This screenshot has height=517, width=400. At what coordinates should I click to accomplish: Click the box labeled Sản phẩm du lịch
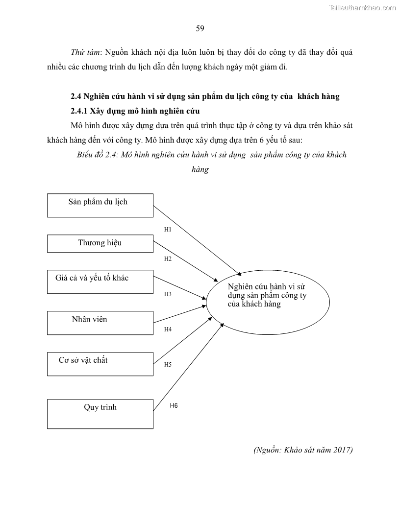click(x=100, y=205)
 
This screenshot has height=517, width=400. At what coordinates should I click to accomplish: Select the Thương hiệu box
click(x=100, y=243)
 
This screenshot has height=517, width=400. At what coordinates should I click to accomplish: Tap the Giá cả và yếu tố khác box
click(x=100, y=282)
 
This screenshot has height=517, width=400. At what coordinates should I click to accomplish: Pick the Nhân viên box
click(x=100, y=323)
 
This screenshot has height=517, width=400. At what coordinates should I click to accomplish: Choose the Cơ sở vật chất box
click(x=100, y=364)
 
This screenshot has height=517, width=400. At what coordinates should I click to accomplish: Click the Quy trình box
click(x=100, y=414)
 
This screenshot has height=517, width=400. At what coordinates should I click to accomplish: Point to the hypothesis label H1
click(x=168, y=229)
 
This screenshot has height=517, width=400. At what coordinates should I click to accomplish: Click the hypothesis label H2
click(x=168, y=259)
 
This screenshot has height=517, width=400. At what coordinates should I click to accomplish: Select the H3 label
click(x=168, y=294)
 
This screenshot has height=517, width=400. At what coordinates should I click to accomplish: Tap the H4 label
click(x=168, y=329)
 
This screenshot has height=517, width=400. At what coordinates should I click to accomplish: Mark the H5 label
click(x=168, y=365)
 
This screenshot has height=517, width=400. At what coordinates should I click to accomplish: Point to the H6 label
click(x=174, y=405)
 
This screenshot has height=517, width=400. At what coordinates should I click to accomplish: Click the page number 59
click(x=200, y=28)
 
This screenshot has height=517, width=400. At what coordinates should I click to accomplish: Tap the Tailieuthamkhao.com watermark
click(x=363, y=7)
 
